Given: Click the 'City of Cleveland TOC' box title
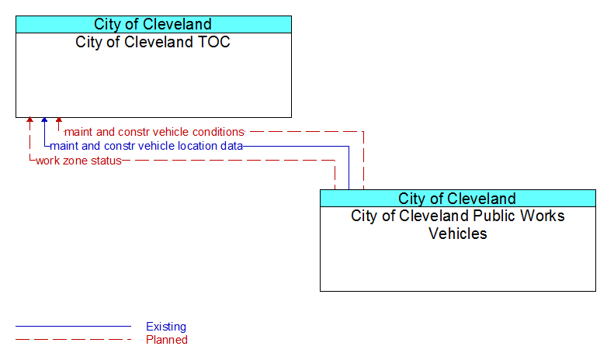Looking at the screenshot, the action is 152,42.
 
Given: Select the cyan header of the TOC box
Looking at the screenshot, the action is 154,24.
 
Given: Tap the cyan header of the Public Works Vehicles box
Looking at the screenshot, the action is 458,198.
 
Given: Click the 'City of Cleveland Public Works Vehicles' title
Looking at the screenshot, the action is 457,224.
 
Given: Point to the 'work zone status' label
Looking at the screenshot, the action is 78,161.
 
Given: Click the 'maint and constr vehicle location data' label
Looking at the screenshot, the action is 147,146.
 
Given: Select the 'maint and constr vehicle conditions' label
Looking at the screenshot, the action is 154,132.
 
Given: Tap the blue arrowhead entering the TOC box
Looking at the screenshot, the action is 44,120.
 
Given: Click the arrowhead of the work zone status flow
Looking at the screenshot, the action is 29,120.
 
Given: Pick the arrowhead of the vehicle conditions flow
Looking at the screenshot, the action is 59,120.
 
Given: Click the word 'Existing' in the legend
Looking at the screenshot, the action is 166,327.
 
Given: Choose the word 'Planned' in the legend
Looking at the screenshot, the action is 167,340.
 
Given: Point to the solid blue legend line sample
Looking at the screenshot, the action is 73,327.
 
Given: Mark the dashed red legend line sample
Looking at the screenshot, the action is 73,340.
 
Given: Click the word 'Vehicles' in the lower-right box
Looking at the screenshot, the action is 457,234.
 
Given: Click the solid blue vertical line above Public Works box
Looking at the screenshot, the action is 349,168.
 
